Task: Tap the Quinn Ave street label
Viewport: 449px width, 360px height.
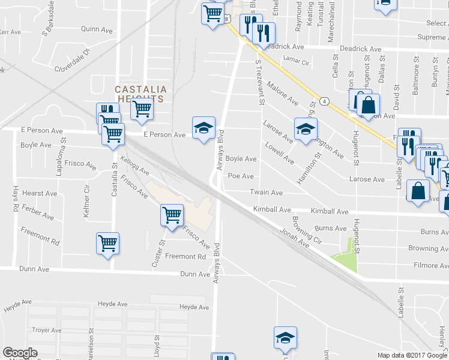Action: click(97, 29)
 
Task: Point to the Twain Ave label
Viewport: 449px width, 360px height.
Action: click(266, 193)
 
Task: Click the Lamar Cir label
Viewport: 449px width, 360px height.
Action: click(295, 61)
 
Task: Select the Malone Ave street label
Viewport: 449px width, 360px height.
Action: click(283, 92)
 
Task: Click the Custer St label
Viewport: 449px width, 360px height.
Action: click(158, 254)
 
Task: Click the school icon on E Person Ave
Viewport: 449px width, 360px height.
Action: click(203, 127)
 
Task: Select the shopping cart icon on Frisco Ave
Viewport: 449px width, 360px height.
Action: click(172, 214)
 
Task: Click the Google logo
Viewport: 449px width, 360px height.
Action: click(20, 353)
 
